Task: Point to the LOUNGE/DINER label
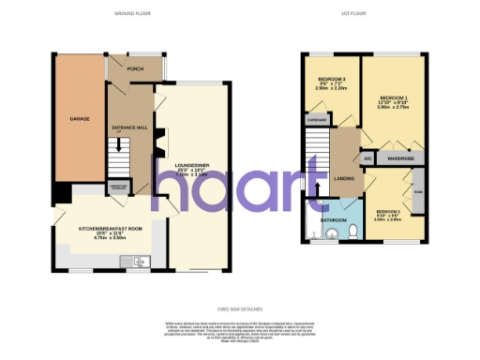[x=191, y=166]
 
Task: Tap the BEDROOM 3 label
[x=331, y=80]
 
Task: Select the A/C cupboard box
[x=368, y=157]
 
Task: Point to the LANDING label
[x=343, y=176]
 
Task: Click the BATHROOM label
[x=334, y=220]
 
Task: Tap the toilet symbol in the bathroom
[x=312, y=234]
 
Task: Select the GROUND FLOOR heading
[x=133, y=14]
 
